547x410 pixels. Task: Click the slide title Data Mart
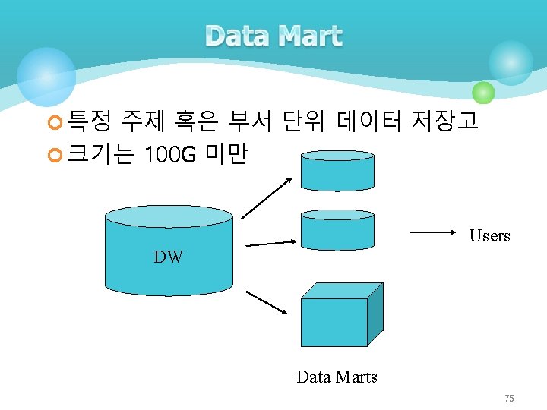tap(273, 36)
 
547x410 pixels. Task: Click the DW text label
tap(169, 257)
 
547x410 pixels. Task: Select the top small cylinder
tap(337, 170)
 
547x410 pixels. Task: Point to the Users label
tap(489, 236)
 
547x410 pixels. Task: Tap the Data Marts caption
tap(337, 377)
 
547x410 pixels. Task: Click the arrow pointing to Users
tap(436, 230)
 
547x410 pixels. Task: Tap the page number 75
tap(509, 399)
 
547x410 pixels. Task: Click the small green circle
tap(483, 93)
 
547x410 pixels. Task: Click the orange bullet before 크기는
tap(54, 156)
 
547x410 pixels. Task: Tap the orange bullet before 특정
tap(54, 121)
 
